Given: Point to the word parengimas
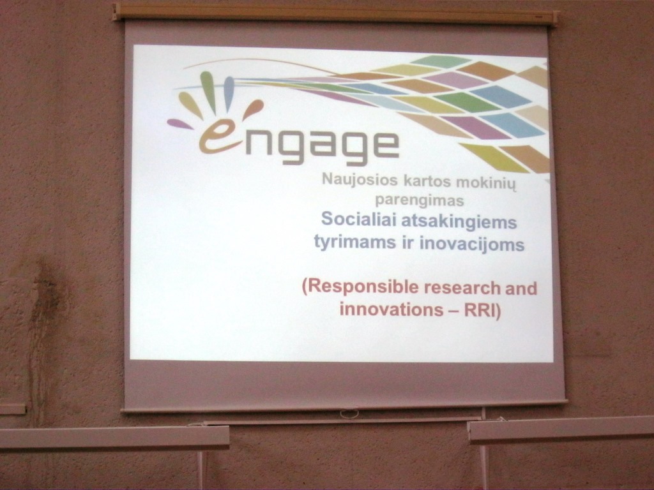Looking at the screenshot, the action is click(419, 200).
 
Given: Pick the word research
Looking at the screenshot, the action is click(462, 288).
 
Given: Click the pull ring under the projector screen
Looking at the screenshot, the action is click(349, 414).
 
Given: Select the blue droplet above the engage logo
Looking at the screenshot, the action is click(229, 93).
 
